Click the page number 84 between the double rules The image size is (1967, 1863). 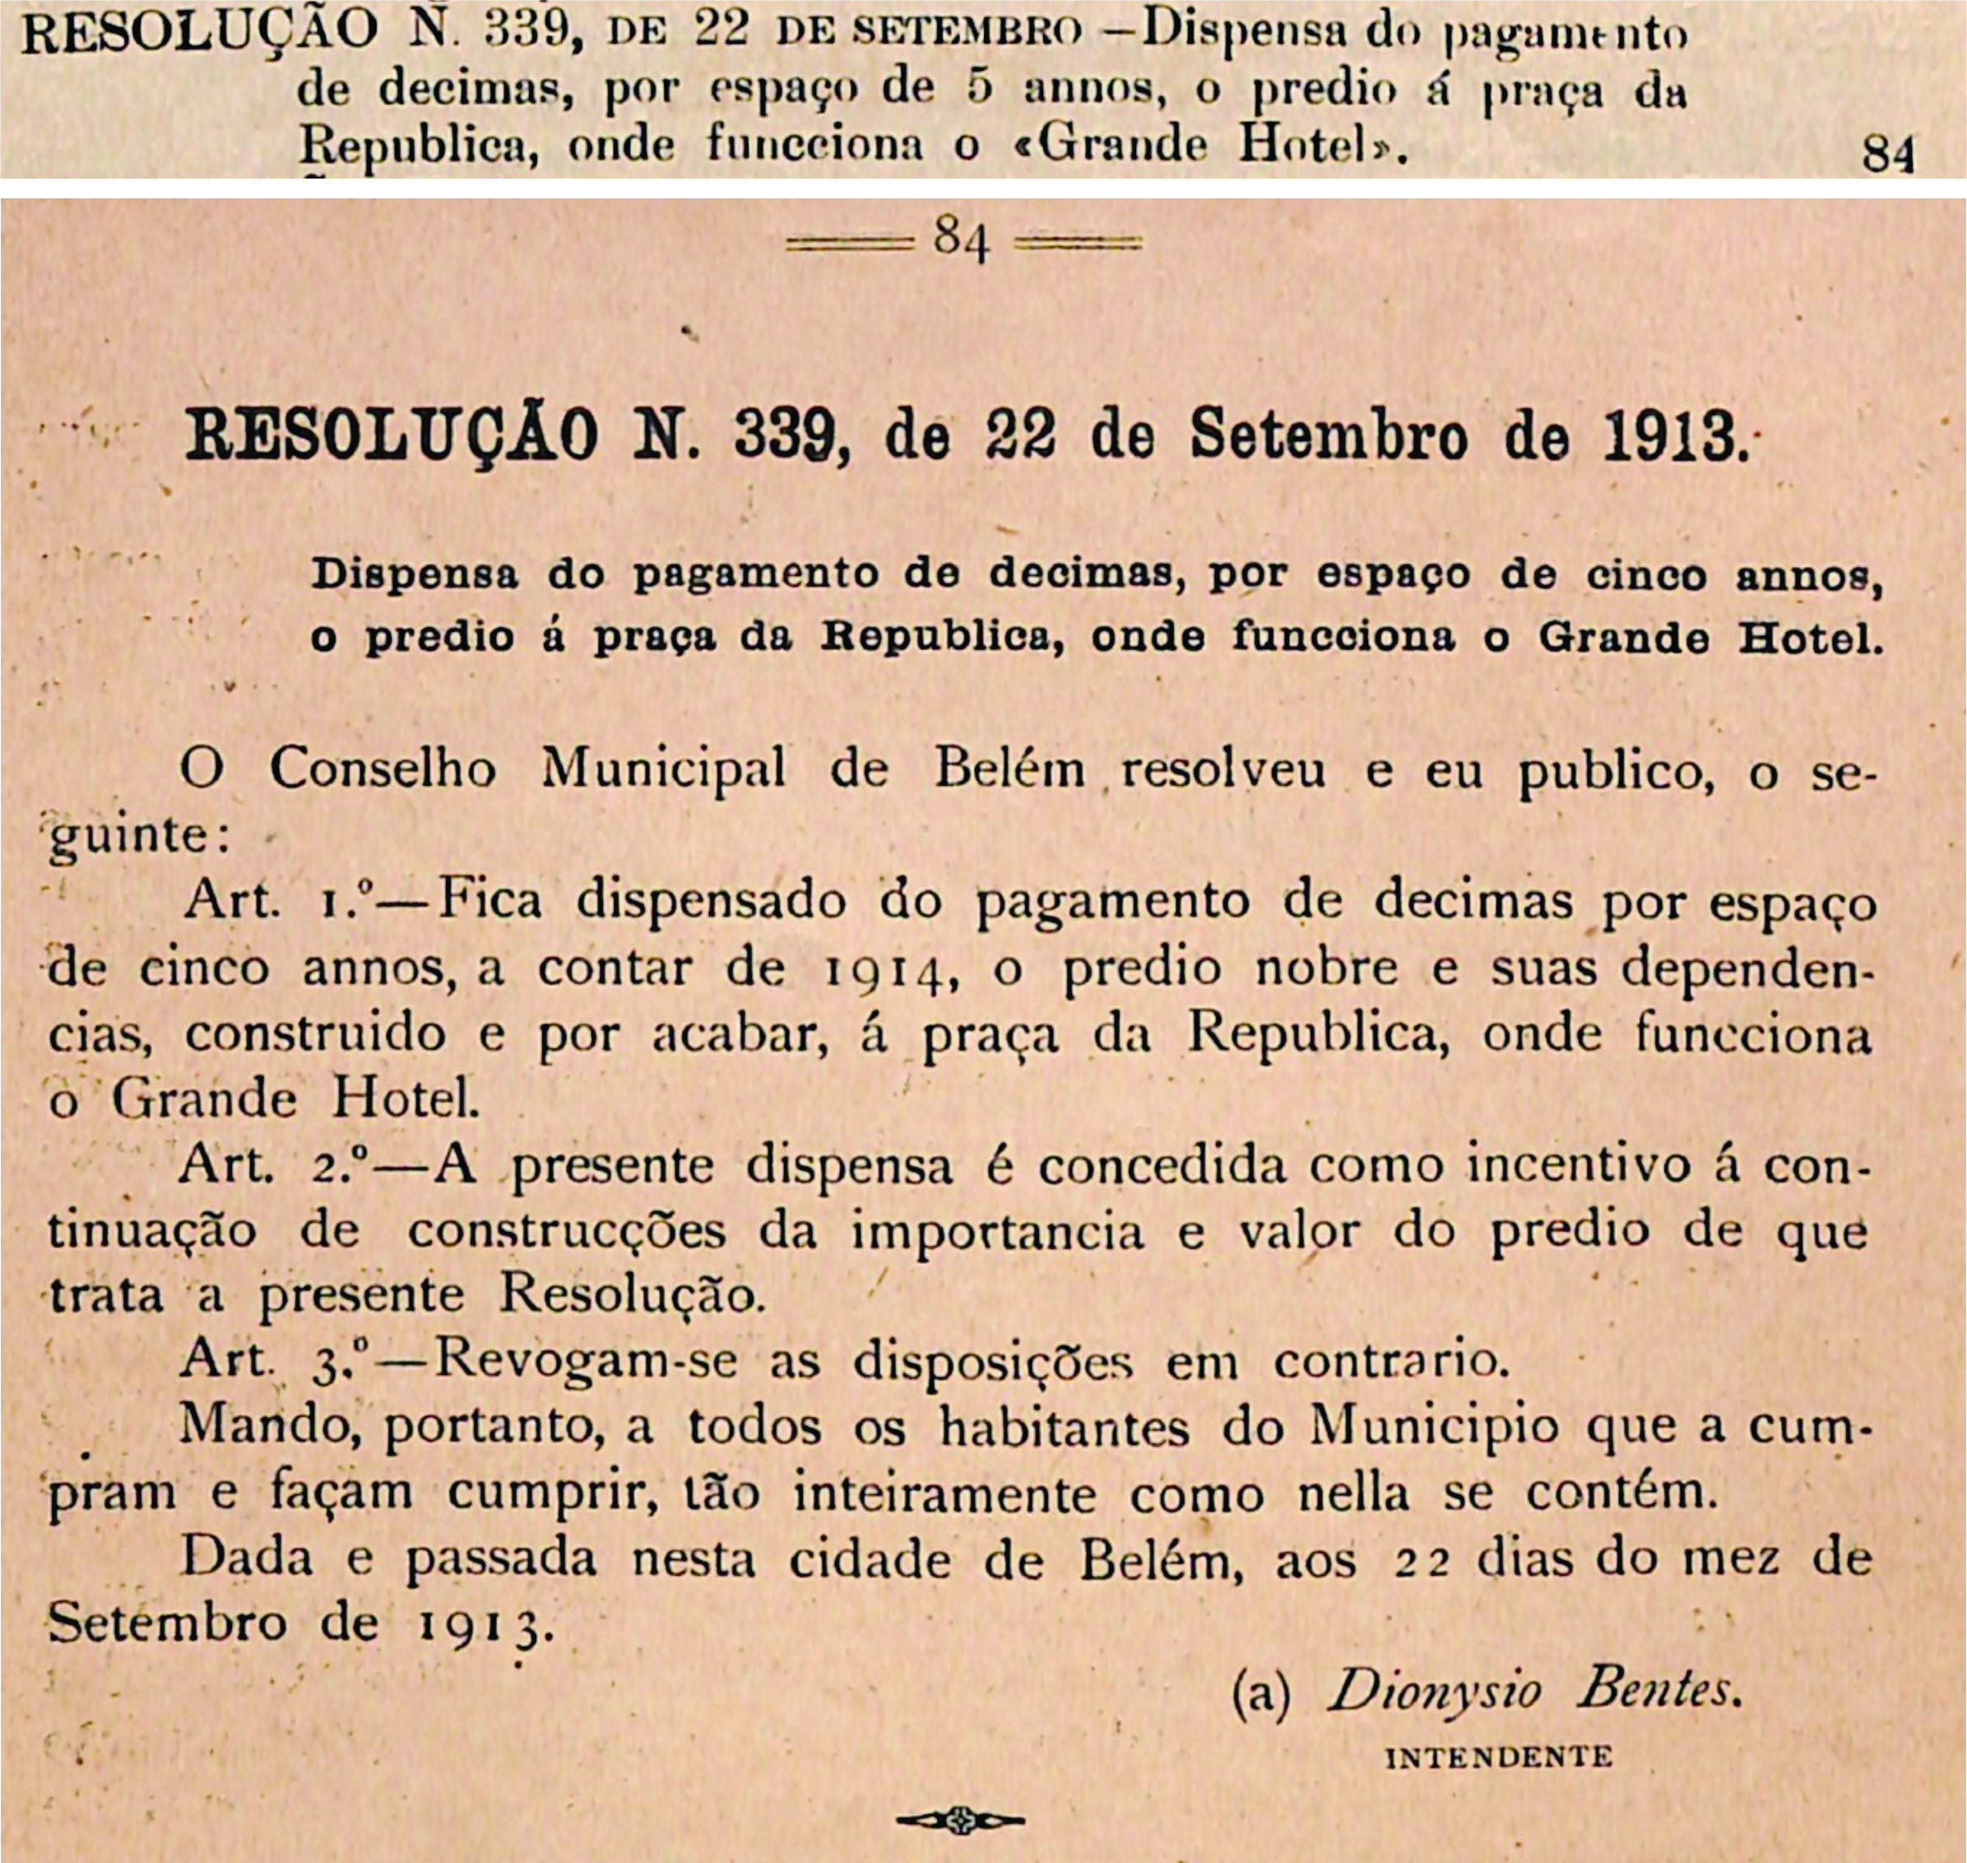click(961, 240)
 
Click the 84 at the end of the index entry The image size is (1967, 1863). click(1887, 154)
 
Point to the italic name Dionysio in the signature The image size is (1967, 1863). click(1433, 1690)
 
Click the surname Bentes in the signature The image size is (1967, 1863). click(1657, 1690)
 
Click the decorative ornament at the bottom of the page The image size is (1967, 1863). click(959, 1820)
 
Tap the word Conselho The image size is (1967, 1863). click(383, 769)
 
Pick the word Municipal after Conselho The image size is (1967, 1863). click(663, 769)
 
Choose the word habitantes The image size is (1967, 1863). click(1065, 1427)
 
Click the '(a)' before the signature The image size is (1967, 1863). click(1261, 1693)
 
